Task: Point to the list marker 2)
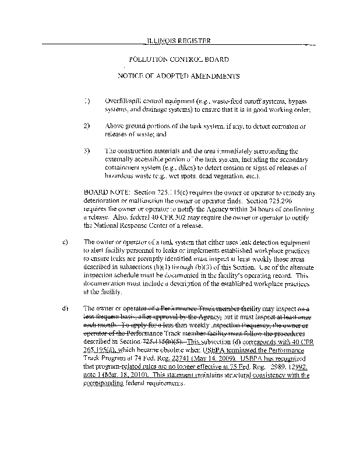87,126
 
